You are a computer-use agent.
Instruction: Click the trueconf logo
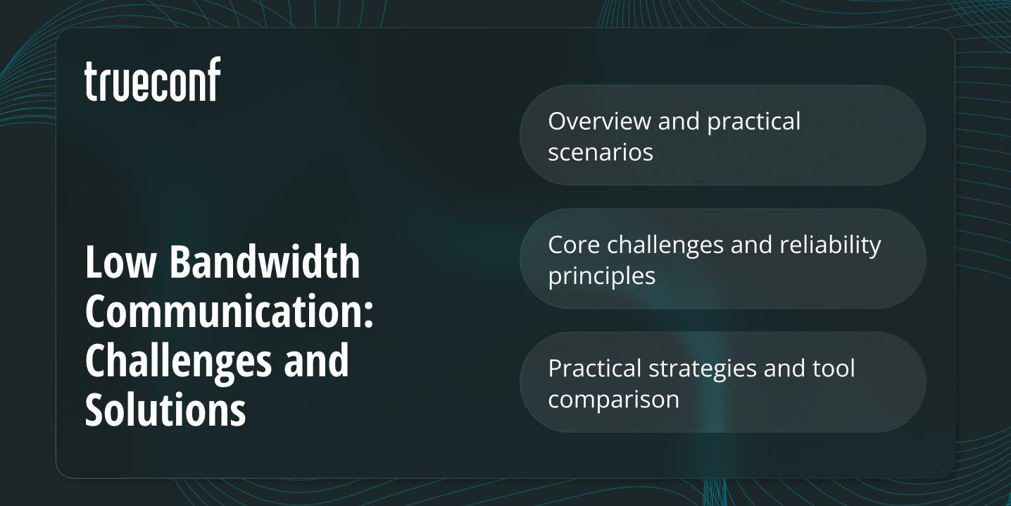pyautogui.click(x=152, y=80)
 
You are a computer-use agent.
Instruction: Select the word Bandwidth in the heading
pyautogui.click(x=265, y=262)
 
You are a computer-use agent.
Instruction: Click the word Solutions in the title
pyautogui.click(x=165, y=409)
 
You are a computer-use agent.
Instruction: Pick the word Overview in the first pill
pyautogui.click(x=599, y=121)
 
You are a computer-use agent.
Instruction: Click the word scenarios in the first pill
pyautogui.click(x=601, y=152)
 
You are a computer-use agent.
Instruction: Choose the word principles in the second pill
pyautogui.click(x=602, y=276)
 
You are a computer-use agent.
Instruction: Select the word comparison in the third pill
pyautogui.click(x=613, y=400)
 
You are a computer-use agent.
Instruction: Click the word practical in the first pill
pyautogui.click(x=754, y=121)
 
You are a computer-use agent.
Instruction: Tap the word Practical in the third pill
pyautogui.click(x=595, y=368)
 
